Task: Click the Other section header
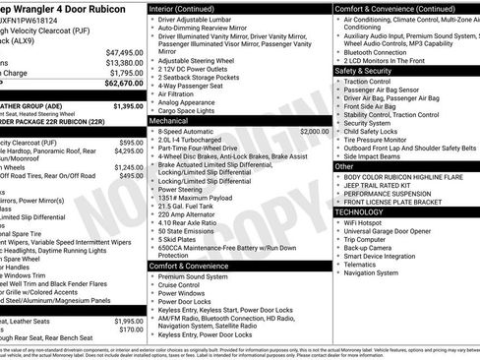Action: (x=345, y=166)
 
